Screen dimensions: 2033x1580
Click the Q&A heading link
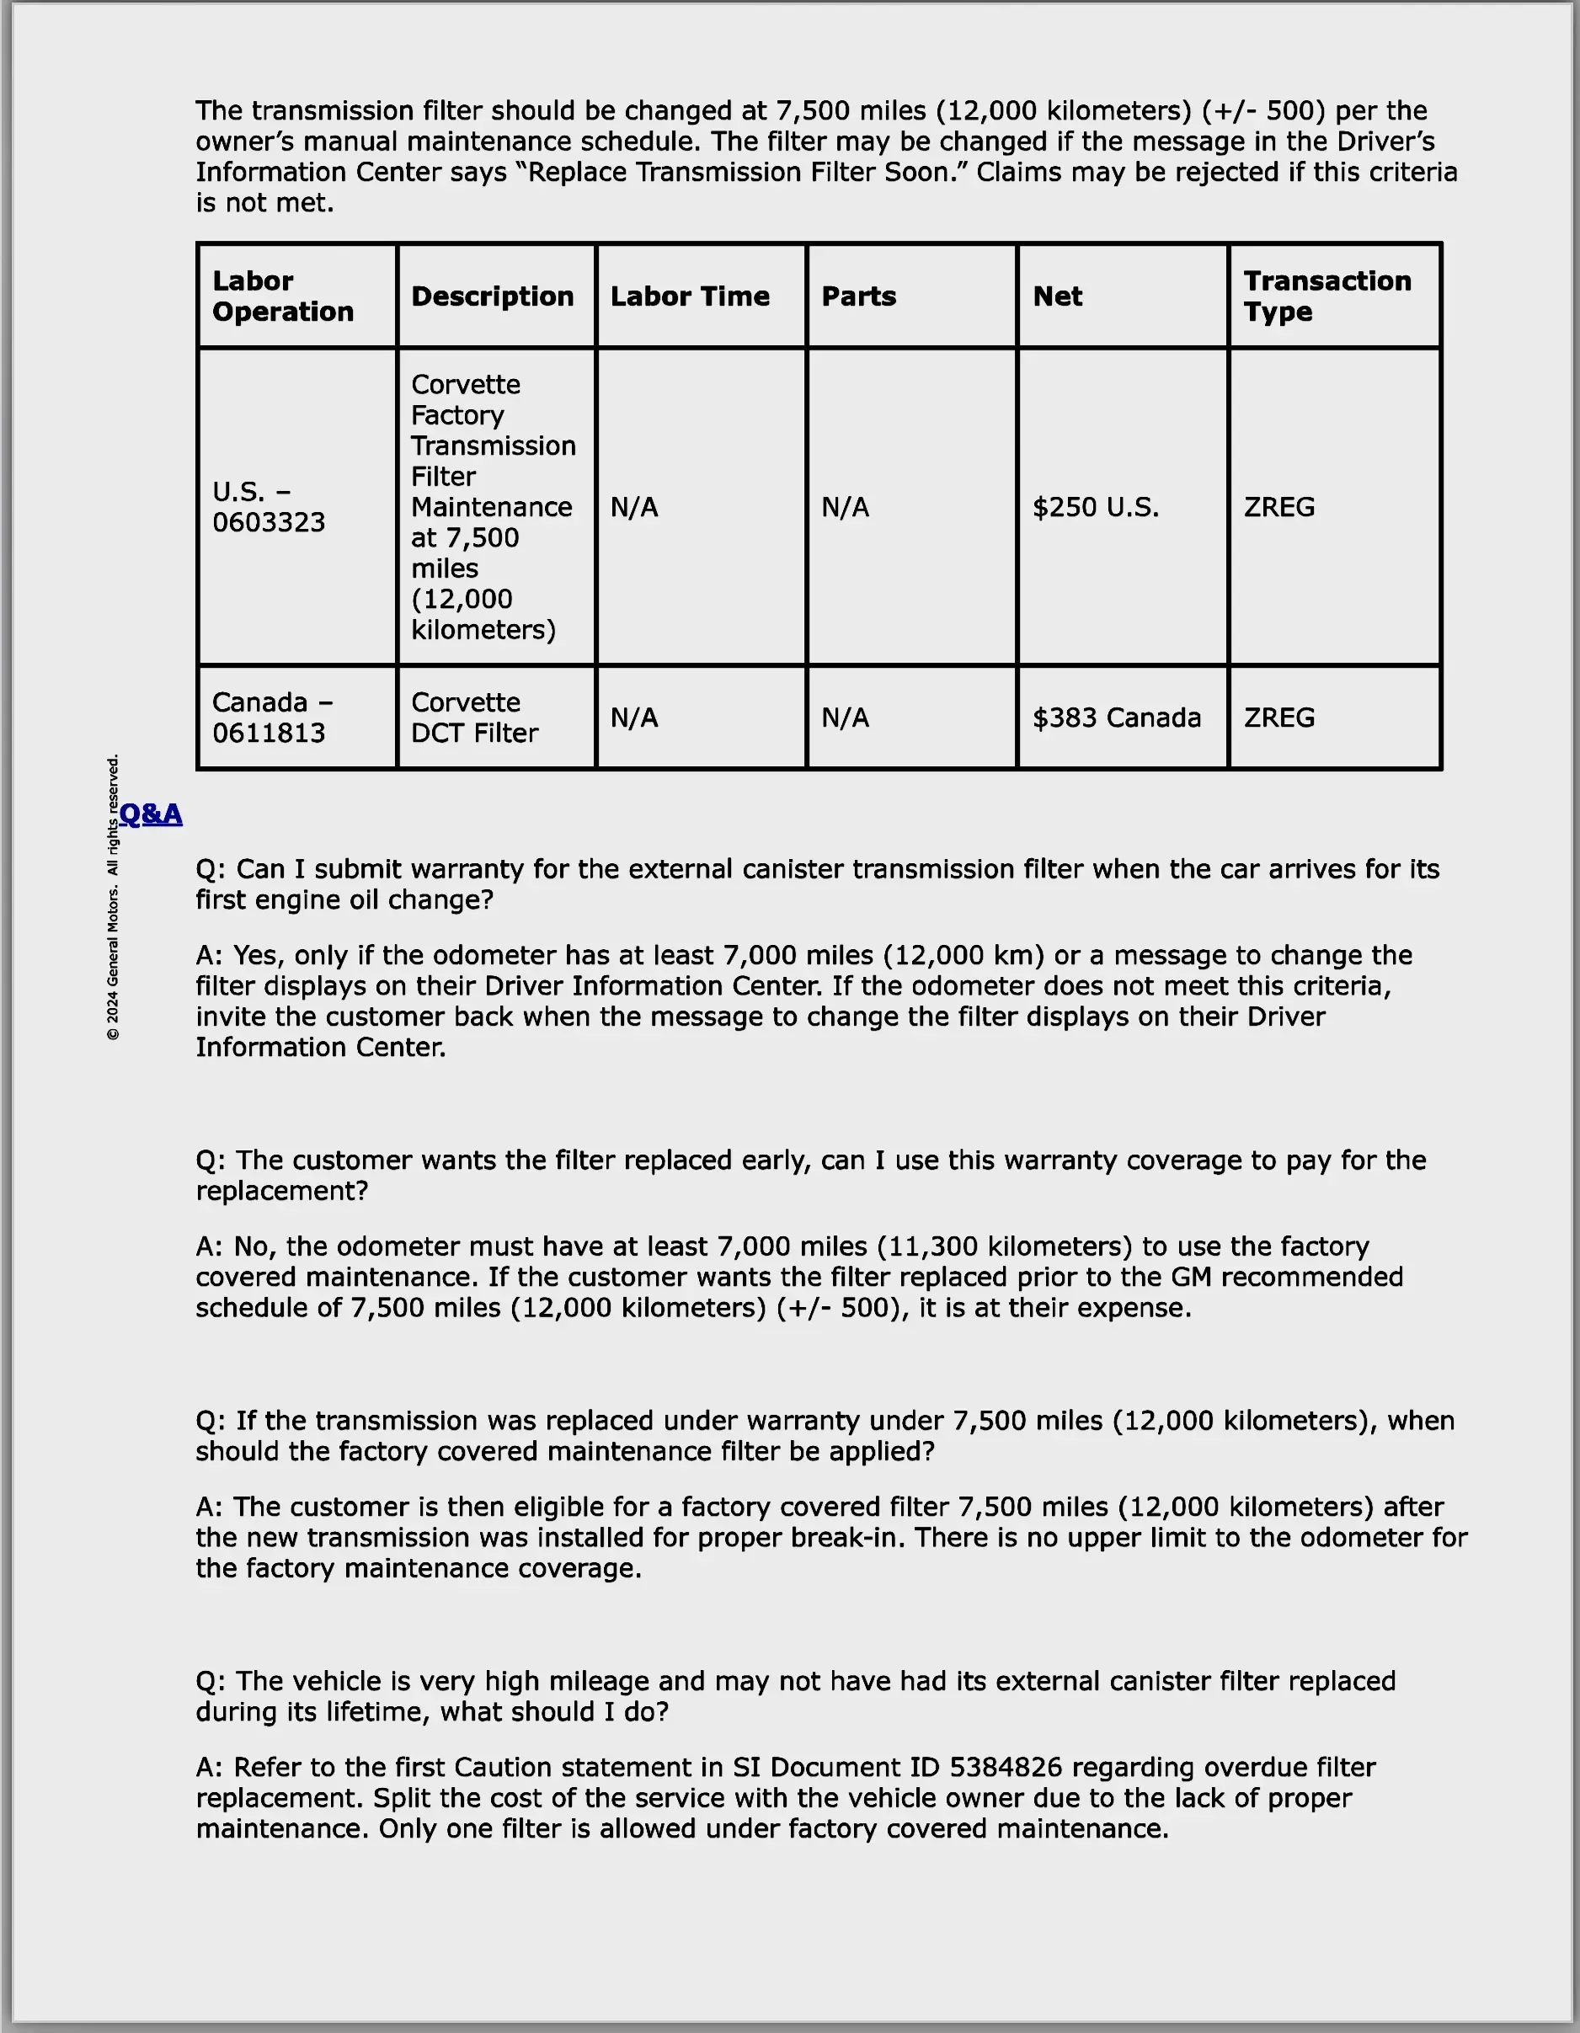point(151,814)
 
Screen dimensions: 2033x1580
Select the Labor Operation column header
point(283,296)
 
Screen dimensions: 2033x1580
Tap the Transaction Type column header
point(1326,296)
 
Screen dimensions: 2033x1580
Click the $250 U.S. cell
point(1096,507)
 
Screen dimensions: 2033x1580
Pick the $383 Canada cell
point(1116,718)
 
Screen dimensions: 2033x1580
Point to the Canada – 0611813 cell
point(272,718)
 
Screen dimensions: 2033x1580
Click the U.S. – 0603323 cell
point(269,507)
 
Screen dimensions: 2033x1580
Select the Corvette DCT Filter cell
point(475,718)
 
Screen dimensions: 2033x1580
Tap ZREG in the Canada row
point(1279,718)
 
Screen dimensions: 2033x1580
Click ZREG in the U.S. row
point(1279,507)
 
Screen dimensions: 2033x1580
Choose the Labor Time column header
point(690,296)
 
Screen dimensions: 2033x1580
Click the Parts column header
point(858,296)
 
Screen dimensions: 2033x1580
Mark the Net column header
point(1058,296)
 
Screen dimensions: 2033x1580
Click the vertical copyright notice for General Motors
point(113,898)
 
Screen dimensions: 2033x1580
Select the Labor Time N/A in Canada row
point(634,718)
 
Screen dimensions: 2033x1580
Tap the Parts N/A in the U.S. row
point(845,507)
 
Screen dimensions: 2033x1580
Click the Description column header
point(493,296)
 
